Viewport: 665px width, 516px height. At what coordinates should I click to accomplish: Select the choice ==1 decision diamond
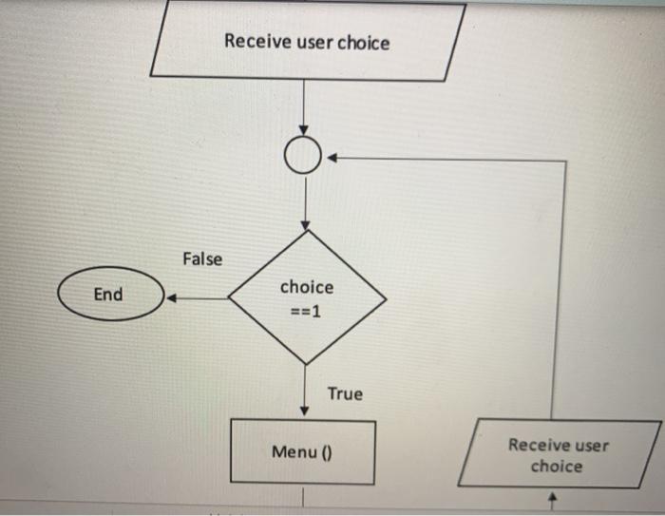click(306, 297)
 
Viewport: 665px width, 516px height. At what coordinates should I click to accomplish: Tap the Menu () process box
click(304, 451)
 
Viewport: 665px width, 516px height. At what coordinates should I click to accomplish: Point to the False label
click(201, 258)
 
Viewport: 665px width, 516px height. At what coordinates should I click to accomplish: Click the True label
click(345, 392)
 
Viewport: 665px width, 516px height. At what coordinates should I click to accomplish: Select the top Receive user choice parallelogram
click(307, 42)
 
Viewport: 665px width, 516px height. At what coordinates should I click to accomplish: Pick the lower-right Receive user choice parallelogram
click(558, 455)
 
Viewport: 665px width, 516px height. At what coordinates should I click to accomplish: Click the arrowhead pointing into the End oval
click(172, 298)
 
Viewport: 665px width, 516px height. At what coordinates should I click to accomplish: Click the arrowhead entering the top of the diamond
click(305, 224)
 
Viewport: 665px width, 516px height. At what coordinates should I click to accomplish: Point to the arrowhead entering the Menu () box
click(305, 411)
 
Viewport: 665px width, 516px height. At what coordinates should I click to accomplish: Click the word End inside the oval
click(108, 295)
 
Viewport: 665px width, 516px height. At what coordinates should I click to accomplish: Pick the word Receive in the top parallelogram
click(257, 42)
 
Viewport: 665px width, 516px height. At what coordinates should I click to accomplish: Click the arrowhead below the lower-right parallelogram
click(559, 497)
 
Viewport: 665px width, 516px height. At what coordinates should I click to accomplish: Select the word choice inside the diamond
click(307, 287)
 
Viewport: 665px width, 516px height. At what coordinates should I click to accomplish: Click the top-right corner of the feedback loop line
click(566, 161)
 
